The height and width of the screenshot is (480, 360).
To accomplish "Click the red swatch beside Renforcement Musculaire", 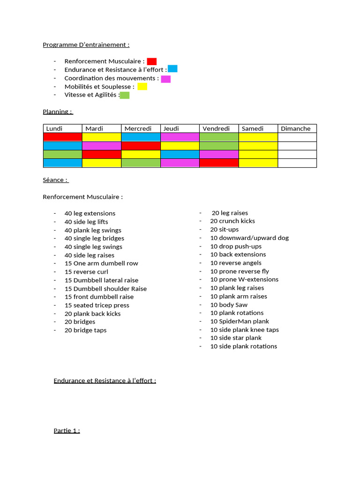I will coord(151,61).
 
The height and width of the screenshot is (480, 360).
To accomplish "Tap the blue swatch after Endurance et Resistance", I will coord(172,69).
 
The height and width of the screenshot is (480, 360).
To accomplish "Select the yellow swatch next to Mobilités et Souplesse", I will coord(142,87).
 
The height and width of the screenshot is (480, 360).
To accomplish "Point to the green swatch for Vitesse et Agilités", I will coord(125,95).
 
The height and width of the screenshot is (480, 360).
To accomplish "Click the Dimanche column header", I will coord(296,128).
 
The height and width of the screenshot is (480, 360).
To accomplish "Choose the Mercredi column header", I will coord(138,128).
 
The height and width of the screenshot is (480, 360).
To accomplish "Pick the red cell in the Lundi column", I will coord(62,137).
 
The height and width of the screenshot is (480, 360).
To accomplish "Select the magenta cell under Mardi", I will coord(101,146).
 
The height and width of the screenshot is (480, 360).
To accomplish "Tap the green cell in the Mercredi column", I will coord(141,163).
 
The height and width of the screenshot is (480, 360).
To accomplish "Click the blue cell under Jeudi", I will coord(180,154).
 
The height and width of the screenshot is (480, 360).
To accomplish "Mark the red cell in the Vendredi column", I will coord(219,163).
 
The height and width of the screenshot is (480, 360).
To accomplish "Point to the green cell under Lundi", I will coord(62,154).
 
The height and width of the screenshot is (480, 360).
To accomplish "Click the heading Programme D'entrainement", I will coord(86,45).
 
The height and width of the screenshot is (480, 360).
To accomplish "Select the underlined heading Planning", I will coord(58,112).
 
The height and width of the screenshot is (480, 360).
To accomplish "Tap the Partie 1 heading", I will coord(67,430).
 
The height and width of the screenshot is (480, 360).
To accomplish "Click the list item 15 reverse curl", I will coord(86,272).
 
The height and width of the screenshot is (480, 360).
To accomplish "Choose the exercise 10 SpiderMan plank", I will coord(240,321).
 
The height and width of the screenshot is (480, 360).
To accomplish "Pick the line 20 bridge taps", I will coord(85,330).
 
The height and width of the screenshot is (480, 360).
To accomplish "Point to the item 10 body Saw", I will coord(229,305).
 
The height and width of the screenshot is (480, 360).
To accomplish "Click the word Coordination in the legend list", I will coord(82,78).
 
